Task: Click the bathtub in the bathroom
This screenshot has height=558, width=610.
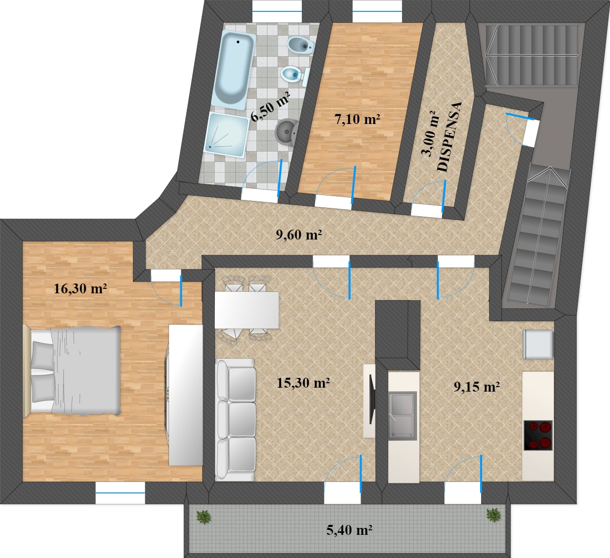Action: [235, 69]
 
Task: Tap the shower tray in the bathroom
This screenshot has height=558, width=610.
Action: [228, 135]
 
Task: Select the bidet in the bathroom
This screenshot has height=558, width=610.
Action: [300, 45]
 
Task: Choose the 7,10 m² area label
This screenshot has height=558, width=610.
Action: [357, 119]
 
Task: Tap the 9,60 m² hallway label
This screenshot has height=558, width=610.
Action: [299, 235]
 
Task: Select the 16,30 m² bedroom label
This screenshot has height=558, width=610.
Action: [81, 288]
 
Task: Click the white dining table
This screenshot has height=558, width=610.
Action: [246, 310]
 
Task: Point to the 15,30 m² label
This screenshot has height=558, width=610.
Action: [303, 383]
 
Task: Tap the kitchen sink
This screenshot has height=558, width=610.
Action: [403, 416]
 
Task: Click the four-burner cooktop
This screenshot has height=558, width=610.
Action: [537, 435]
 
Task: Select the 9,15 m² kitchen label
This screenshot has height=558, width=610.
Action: [477, 387]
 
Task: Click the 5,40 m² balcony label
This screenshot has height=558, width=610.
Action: [349, 530]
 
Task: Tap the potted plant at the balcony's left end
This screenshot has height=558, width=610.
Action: [203, 517]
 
